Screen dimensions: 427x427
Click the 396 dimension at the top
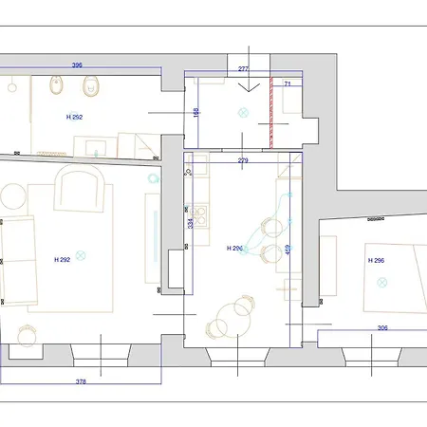[x=77, y=66]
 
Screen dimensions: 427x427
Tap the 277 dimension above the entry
[x=243, y=68]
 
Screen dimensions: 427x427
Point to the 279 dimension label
[x=243, y=160]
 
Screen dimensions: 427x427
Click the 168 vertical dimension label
[x=195, y=112]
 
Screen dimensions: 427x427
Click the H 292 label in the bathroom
[x=76, y=117]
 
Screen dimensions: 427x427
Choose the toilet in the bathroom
[x=92, y=88]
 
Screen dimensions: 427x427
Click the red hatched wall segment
[x=270, y=113]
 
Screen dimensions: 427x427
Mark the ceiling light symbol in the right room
[x=382, y=281]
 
